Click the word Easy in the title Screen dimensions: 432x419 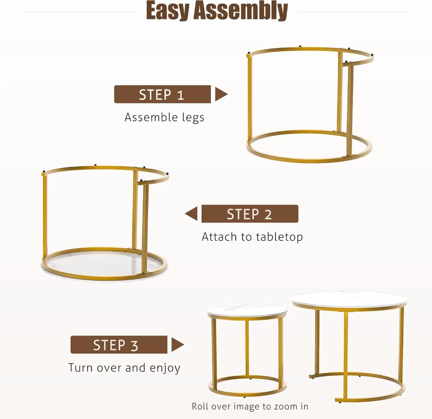[168, 10]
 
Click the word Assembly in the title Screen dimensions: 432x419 [240, 10]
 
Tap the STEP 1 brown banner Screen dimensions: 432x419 [163, 94]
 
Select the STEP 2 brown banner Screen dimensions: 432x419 [250, 213]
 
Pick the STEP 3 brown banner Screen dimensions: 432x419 [119, 344]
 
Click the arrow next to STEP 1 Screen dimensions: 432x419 [221, 94]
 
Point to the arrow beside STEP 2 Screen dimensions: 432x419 [191, 213]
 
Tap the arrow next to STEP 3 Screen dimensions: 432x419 [178, 344]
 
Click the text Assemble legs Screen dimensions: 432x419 [165, 117]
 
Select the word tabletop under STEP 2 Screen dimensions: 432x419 [279, 237]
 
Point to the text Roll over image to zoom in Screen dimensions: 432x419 [250, 406]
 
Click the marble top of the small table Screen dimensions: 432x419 [247, 311]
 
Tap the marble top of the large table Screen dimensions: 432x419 [350, 299]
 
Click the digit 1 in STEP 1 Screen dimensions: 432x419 [181, 95]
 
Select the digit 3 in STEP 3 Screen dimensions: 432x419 [134, 345]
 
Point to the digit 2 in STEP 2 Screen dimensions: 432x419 [268, 214]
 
